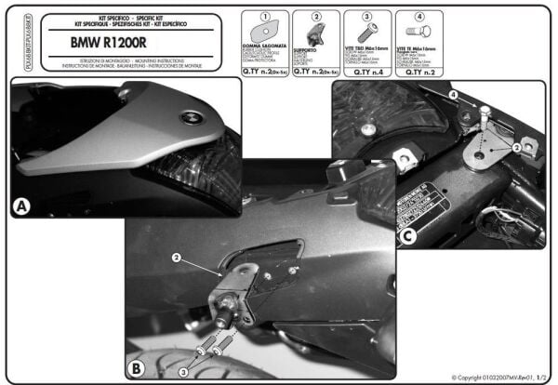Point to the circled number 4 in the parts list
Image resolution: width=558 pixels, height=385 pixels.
coord(418,17)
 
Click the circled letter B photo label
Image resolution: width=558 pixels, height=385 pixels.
coord(136,367)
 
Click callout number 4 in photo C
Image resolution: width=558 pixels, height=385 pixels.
coord(453,95)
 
